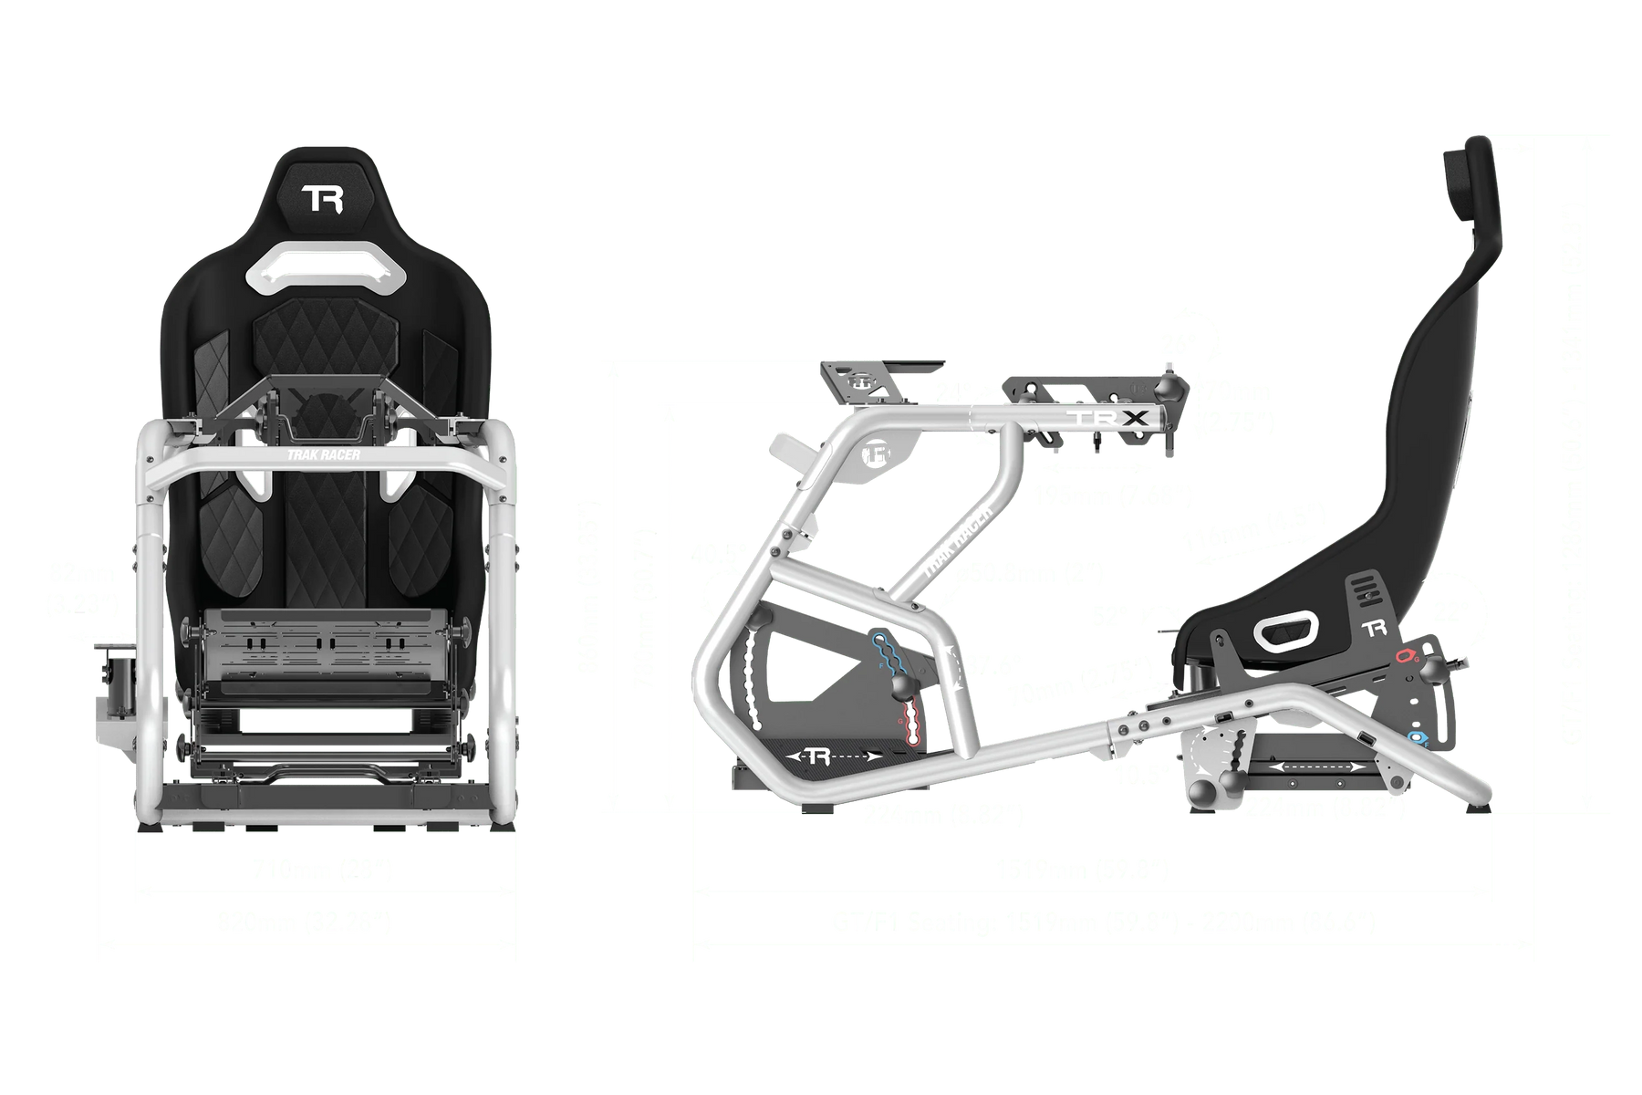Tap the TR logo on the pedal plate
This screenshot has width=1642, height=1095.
pyautogui.click(x=819, y=756)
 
